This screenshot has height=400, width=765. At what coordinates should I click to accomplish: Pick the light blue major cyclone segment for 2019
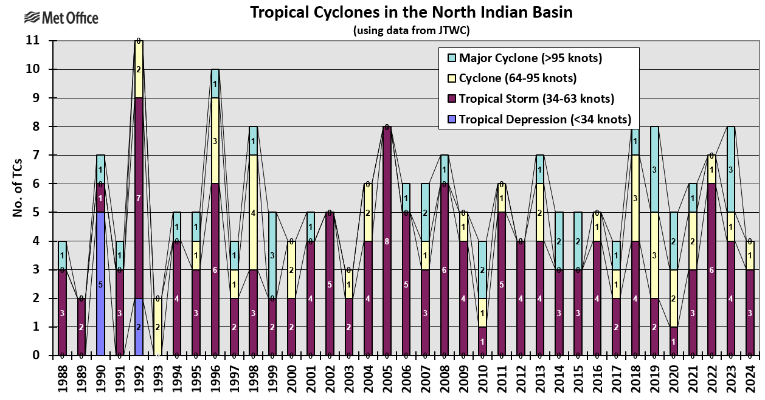pyautogui.click(x=654, y=169)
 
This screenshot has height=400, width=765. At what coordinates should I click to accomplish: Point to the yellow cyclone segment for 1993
pyautogui.click(x=158, y=327)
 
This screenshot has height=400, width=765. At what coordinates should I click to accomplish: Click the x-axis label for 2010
pyautogui.click(x=482, y=378)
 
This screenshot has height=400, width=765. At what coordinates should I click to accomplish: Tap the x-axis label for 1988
pyautogui.click(x=63, y=378)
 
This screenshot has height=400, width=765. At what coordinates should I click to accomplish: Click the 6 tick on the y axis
pyautogui.click(x=35, y=184)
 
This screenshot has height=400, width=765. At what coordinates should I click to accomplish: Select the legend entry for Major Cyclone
pyautogui.click(x=530, y=58)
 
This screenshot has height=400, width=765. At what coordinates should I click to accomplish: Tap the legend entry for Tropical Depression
pyautogui.click(x=544, y=119)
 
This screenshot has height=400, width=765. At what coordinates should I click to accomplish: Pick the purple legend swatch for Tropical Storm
pyautogui.click(x=452, y=99)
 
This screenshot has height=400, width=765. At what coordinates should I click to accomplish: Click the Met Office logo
pyautogui.click(x=61, y=18)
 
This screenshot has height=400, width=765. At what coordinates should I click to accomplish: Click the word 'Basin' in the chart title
pyautogui.click(x=551, y=12)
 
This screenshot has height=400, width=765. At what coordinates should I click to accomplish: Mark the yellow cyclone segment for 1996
pyautogui.click(x=215, y=140)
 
